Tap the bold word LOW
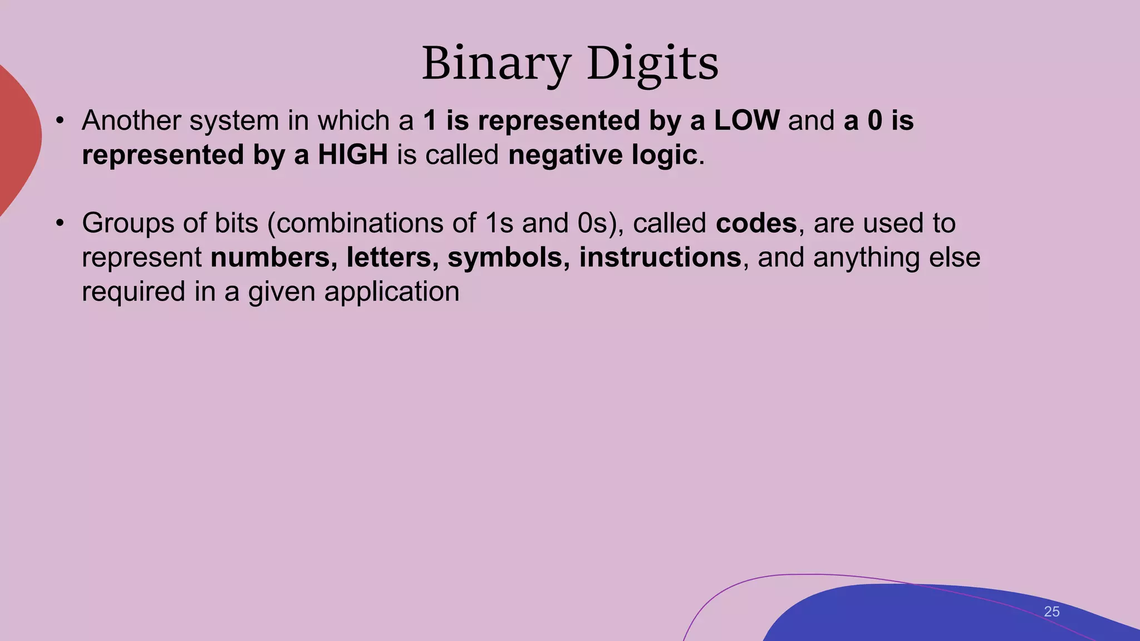(x=746, y=121)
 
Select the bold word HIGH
(x=353, y=155)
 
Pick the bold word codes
(x=756, y=223)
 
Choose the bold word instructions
(x=660, y=258)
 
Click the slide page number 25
(x=1051, y=612)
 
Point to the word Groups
(x=128, y=223)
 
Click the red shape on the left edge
(x=17, y=139)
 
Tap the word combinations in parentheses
(x=376, y=223)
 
